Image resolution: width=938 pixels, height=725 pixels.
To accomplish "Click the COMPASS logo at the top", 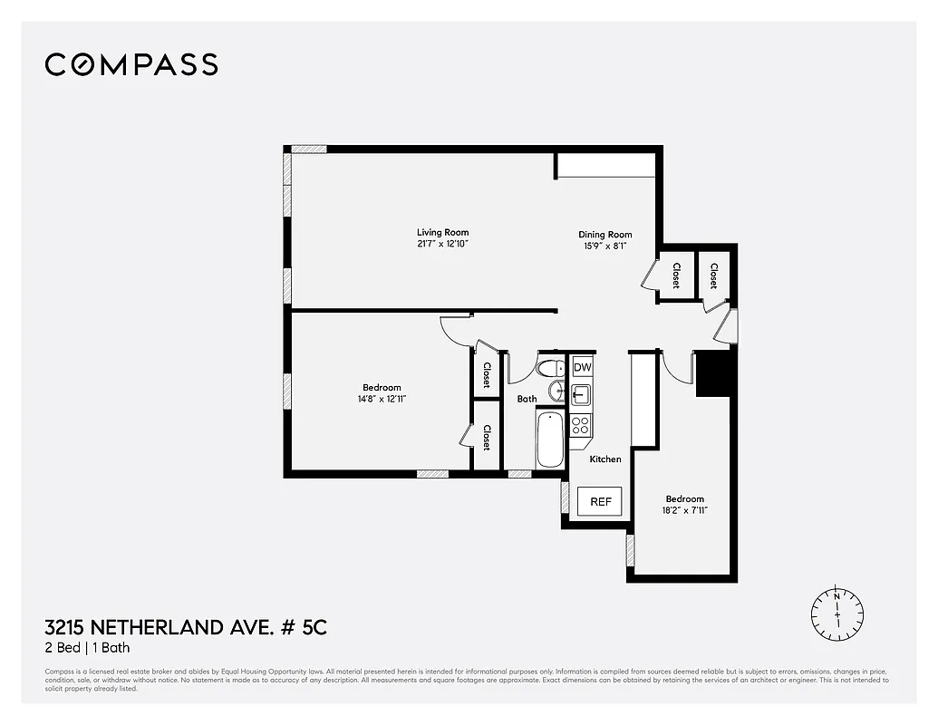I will [x=131, y=64].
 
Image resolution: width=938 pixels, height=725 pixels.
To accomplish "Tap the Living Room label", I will [x=442, y=232].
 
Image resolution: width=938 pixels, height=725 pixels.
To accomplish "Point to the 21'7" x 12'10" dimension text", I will [x=442, y=244].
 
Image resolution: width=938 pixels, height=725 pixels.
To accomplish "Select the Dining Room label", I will [x=605, y=235].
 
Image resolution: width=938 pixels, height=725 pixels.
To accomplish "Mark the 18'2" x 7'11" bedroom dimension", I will [x=684, y=510].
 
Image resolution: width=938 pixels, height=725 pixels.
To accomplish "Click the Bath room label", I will [x=527, y=399].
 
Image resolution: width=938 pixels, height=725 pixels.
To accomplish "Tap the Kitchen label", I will [x=605, y=459].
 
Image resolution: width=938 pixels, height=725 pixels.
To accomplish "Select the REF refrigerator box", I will [x=600, y=501].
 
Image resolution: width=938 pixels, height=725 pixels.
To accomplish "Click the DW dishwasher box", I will [x=582, y=367].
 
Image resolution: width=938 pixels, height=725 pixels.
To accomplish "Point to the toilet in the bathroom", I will [x=550, y=369].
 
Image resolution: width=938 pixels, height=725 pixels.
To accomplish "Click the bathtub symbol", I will [x=550, y=440].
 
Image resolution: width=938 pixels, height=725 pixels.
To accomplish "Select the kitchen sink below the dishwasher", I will [x=580, y=394].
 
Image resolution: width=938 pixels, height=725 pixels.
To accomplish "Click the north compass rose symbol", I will [x=837, y=614].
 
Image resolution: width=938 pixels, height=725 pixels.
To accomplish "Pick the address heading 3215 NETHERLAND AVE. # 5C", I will [x=179, y=627].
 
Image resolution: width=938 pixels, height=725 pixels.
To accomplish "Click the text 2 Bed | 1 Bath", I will [x=87, y=648].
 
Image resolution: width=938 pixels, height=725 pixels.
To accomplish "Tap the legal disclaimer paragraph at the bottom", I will [x=467, y=680].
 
